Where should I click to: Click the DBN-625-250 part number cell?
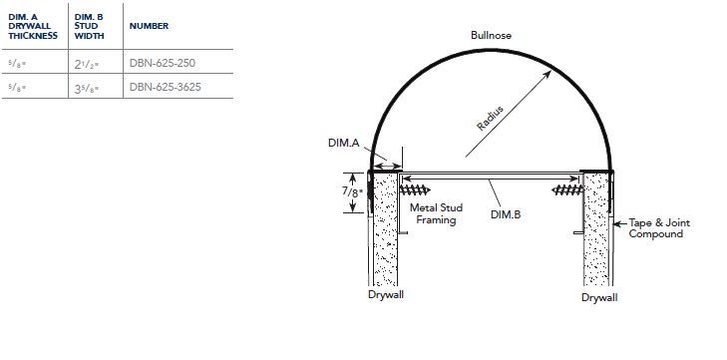163,63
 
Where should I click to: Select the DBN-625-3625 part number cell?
166,87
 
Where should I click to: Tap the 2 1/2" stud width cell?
87,64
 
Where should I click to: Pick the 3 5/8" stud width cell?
87,88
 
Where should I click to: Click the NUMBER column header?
149,26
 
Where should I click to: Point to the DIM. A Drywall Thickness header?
33,27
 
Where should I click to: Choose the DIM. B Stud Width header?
89,27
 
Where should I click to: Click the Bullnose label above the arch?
491,35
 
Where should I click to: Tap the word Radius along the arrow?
490,119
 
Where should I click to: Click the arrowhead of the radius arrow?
547,75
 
